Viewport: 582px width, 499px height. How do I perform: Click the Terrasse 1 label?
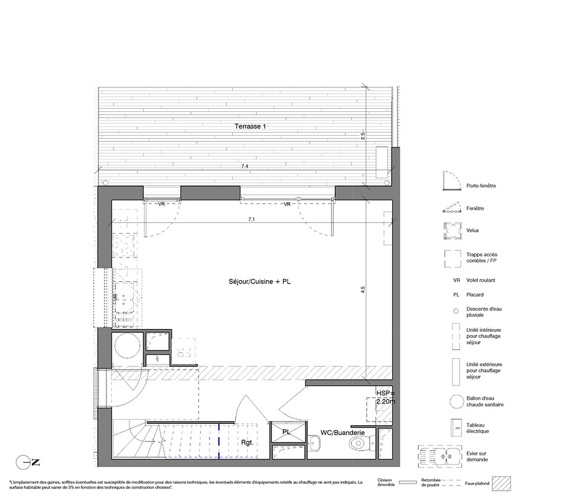point(250,126)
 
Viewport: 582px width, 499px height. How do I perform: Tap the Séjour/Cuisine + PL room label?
point(260,282)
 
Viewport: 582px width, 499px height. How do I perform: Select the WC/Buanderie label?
point(343,433)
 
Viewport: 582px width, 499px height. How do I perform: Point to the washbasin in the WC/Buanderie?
point(314,443)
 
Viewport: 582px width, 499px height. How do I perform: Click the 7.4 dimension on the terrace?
point(244,167)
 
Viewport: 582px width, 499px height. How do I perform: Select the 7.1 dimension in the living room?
point(251,220)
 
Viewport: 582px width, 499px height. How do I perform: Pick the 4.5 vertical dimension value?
point(363,290)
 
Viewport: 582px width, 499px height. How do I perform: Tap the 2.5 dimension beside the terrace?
point(363,136)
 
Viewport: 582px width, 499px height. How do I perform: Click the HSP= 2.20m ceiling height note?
point(386,397)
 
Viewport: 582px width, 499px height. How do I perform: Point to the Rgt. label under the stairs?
point(247,443)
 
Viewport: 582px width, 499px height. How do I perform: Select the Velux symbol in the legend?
point(453,231)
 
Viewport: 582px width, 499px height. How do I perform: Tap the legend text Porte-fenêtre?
point(481,186)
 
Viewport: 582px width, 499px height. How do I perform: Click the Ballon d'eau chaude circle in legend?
point(456,402)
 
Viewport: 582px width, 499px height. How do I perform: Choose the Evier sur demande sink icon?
point(440,456)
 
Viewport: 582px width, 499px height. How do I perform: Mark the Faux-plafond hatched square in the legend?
point(502,484)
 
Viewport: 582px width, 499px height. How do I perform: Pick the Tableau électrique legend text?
point(477,429)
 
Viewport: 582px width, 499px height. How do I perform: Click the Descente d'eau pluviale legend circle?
point(456,311)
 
